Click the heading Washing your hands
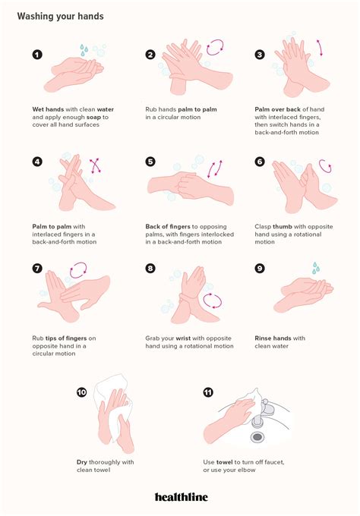[61, 16]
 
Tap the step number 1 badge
[37, 55]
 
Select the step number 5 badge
[150, 162]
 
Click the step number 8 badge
[150, 269]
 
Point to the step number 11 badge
[208, 393]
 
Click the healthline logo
[180, 497]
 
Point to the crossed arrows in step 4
[96, 165]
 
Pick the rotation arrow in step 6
[326, 165]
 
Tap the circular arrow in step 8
[213, 301]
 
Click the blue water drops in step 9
[316, 268]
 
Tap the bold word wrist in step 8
[188, 338]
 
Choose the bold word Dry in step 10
[83, 461]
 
